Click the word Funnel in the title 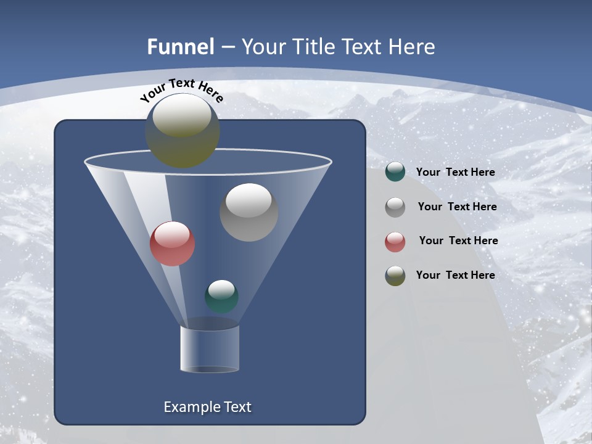[180, 47]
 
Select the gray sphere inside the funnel [249, 212]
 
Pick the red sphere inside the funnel [172, 244]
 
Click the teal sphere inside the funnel [221, 296]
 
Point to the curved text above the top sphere [182, 91]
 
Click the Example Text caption [207, 407]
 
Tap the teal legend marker [395, 172]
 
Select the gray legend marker [395, 207]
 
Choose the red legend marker [395, 241]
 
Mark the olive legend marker [395, 275]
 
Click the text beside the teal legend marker [455, 172]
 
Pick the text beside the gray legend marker [457, 207]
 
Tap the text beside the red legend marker [458, 240]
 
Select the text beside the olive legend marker [455, 275]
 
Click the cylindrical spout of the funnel [210, 348]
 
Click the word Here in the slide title [413, 47]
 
